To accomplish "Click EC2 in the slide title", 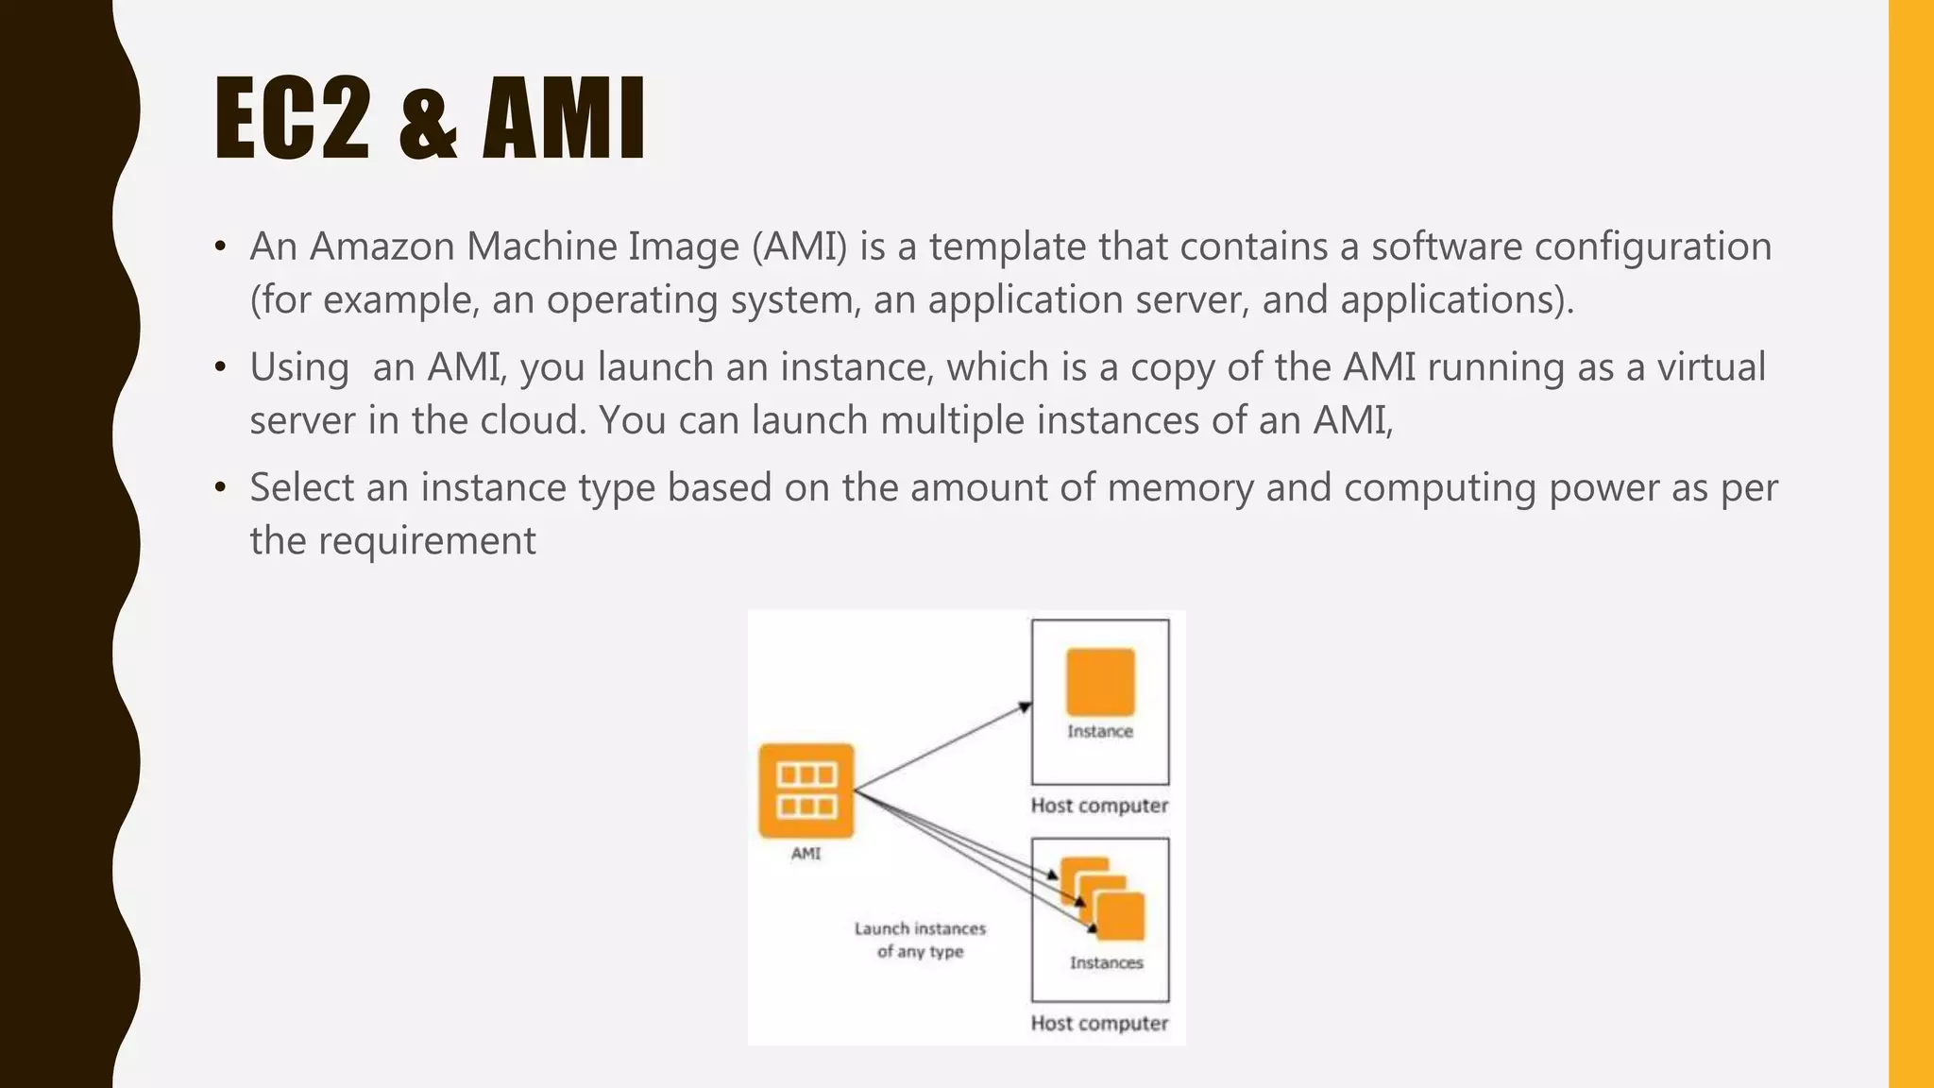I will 292,119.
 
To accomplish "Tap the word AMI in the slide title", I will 564,119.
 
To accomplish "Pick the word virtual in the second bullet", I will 1710,366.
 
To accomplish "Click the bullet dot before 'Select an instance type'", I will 220,488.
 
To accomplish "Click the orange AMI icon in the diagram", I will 806,790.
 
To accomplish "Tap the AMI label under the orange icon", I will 806,854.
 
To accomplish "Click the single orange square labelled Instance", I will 1100,682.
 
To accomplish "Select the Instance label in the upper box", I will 1100,731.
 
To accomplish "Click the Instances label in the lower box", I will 1106,962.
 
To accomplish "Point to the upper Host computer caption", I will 1099,806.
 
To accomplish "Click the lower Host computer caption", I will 1099,1023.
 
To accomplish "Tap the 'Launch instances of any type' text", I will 920,940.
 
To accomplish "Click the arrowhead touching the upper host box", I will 1026,706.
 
